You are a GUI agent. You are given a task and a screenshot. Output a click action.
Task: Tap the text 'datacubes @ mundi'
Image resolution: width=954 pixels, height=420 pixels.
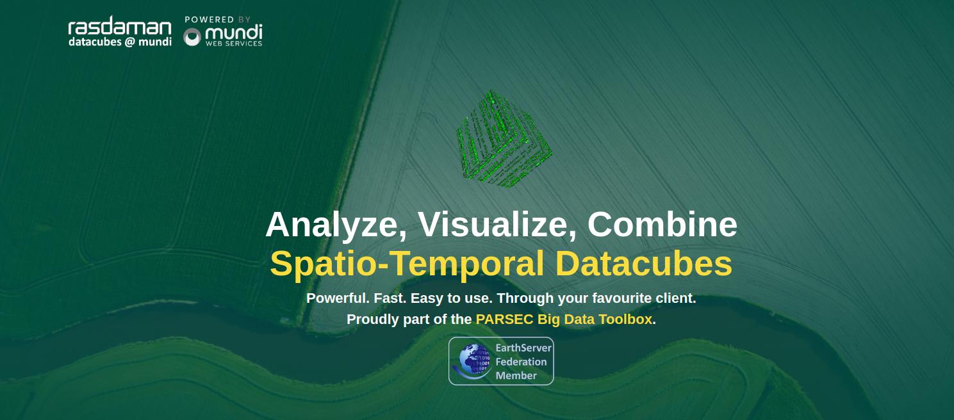point(120,42)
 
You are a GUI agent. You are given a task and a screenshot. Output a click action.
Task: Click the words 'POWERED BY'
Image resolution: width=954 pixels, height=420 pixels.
point(218,20)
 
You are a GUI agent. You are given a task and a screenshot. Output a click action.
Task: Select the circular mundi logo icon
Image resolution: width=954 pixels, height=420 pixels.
point(192,37)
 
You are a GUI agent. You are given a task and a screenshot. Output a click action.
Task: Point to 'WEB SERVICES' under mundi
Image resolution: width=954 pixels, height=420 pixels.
point(234,44)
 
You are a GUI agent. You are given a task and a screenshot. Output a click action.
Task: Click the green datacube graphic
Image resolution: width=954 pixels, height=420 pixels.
point(504,139)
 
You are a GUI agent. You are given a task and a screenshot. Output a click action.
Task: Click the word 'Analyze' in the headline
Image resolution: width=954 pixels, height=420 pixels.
point(336,225)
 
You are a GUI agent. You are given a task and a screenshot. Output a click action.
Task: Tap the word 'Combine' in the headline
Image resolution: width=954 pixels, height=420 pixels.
point(662,224)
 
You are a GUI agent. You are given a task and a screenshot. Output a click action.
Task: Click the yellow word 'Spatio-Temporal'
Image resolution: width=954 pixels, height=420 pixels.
point(407,264)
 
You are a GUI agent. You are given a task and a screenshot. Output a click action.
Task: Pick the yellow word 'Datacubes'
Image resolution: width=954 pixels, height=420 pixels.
point(643,263)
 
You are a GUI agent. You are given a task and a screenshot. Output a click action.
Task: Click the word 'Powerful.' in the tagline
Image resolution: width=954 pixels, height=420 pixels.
point(338,298)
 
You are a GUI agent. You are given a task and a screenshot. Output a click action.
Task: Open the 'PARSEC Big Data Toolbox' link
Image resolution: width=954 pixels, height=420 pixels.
point(564,319)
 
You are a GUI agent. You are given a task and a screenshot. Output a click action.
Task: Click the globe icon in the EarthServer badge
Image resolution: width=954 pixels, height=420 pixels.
point(472,361)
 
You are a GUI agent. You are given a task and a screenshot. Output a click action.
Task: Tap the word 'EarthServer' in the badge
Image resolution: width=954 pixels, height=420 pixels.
point(523,348)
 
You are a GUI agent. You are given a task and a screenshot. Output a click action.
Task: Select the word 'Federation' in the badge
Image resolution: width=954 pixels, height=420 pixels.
point(522,362)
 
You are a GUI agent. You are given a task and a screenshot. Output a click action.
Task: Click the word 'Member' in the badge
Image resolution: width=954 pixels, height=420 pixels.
point(516,376)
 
